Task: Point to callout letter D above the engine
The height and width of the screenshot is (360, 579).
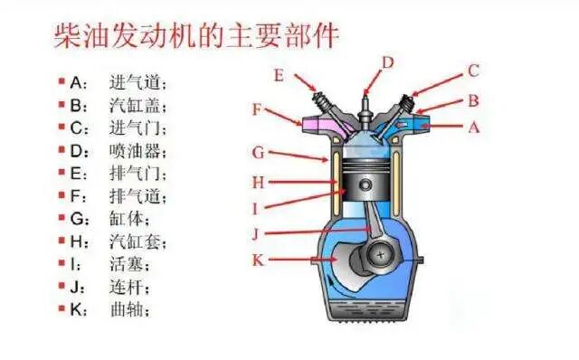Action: point(387,62)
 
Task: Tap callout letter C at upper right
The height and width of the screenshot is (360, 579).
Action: point(472,71)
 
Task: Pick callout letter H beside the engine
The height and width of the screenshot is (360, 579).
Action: point(258,182)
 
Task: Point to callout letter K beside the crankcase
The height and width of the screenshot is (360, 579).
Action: point(258,261)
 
